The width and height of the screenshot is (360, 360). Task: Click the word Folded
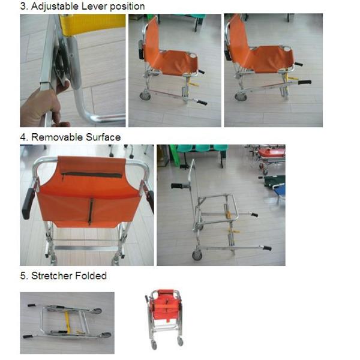[89, 276]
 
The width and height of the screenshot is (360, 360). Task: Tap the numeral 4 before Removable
[23, 137]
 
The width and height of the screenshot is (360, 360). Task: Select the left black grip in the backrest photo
[28, 205]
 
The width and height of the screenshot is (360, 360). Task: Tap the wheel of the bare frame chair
[197, 255]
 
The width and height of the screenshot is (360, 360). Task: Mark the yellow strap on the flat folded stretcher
[68, 321]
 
